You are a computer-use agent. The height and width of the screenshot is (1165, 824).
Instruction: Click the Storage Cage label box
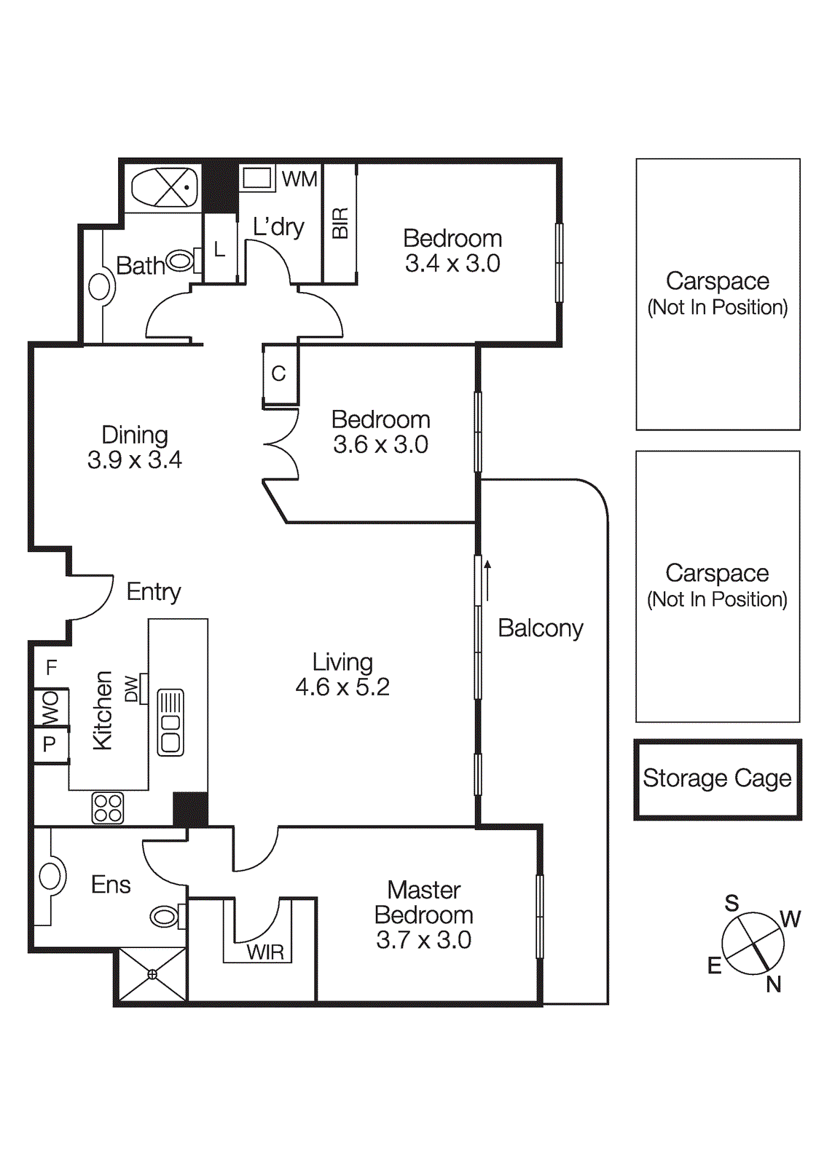pyautogui.click(x=717, y=779)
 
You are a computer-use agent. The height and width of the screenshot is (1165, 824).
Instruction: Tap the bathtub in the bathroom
pyautogui.click(x=165, y=188)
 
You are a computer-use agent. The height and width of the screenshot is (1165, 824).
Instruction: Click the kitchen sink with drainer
pyautogui.click(x=170, y=722)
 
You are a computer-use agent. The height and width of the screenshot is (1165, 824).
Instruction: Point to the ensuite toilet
pyautogui.click(x=166, y=916)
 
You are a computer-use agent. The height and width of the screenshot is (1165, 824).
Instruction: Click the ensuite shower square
pyautogui.click(x=152, y=974)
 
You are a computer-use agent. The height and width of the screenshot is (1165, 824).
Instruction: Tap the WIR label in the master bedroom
pyautogui.click(x=264, y=952)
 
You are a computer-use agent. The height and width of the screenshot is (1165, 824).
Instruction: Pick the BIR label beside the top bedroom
pyautogui.click(x=340, y=223)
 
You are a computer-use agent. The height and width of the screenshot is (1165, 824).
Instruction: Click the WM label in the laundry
pyautogui.click(x=299, y=179)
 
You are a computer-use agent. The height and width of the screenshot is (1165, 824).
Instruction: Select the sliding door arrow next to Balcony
pyautogui.click(x=487, y=580)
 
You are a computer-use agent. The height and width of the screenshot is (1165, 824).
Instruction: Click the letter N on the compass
pyautogui.click(x=773, y=984)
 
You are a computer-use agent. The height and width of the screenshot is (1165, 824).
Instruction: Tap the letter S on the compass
pyautogui.click(x=731, y=904)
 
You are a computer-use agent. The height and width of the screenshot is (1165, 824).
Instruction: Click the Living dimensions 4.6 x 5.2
pyautogui.click(x=342, y=687)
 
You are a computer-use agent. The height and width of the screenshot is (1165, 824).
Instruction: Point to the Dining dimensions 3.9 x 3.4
pyautogui.click(x=135, y=459)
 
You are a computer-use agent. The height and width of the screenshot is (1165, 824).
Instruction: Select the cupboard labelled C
pyautogui.click(x=279, y=374)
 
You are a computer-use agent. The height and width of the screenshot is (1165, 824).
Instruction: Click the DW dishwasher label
pyautogui.click(x=132, y=689)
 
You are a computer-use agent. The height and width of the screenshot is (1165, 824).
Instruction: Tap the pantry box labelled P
pyautogui.click(x=50, y=744)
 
